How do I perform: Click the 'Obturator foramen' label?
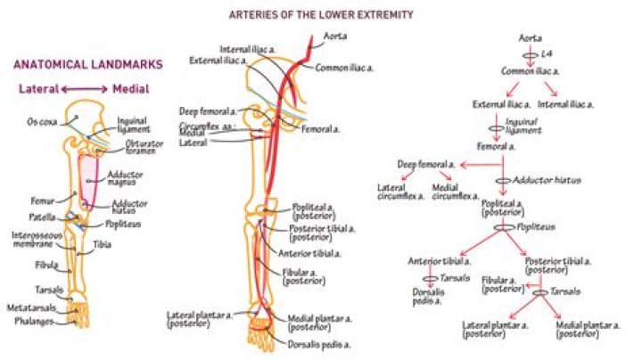coord(144,147)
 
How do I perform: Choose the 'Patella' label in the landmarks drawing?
coord(39,217)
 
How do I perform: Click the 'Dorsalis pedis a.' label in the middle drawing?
coord(317,343)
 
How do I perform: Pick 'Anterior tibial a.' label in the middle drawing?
coord(317,253)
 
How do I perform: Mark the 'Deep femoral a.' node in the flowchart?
coord(426,165)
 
